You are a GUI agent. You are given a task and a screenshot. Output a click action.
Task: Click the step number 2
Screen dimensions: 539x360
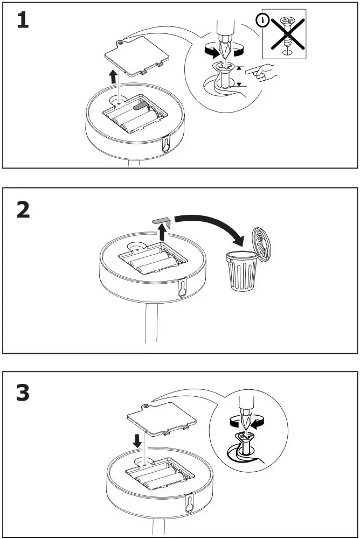(x=23, y=210)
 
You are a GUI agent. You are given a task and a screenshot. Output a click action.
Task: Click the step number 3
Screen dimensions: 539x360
(x=23, y=394)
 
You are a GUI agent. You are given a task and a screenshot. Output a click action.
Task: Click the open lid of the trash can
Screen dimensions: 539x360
(x=261, y=244)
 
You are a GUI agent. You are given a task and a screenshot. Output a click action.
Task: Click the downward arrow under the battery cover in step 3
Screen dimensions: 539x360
(x=138, y=440)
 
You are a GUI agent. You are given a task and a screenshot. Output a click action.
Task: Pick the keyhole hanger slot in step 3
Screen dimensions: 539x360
(x=189, y=502)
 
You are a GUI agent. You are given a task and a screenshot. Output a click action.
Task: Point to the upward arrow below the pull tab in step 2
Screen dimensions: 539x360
(x=162, y=233)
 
